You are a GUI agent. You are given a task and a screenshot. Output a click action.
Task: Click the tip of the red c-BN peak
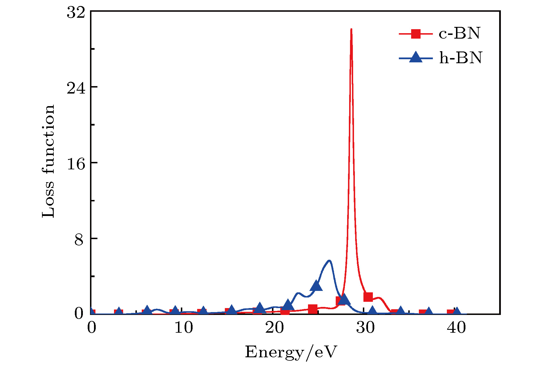[x=351, y=29]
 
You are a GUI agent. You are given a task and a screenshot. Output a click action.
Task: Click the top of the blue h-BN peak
[x=329, y=261]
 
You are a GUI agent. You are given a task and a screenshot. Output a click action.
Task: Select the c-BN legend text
[x=459, y=33]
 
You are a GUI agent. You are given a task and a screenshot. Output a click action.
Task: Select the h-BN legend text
[x=461, y=58]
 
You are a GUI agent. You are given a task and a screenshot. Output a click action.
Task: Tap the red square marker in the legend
[x=416, y=34]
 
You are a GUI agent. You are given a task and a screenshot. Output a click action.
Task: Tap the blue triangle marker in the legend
[x=416, y=57]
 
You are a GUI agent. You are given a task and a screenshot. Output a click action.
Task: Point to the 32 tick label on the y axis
[x=76, y=13]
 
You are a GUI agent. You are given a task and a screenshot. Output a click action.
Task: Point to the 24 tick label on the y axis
[x=76, y=88]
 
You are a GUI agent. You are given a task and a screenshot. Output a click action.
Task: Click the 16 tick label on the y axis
[x=76, y=164]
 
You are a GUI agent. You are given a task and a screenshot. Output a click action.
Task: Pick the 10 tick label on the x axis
[x=183, y=328]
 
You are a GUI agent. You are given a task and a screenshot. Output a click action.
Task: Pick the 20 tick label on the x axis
[x=274, y=328]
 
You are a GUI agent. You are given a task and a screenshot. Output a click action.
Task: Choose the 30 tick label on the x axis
[x=365, y=328]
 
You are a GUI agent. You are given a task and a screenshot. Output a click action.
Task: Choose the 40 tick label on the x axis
[x=456, y=328]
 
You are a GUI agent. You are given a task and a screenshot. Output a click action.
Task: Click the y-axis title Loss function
[x=48, y=161]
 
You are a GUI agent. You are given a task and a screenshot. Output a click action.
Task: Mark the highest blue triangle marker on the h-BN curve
[x=316, y=285]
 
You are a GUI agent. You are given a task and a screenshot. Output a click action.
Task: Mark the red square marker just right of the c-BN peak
[x=368, y=297]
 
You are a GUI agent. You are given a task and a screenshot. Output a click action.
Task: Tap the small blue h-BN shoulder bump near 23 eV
[x=298, y=293]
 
